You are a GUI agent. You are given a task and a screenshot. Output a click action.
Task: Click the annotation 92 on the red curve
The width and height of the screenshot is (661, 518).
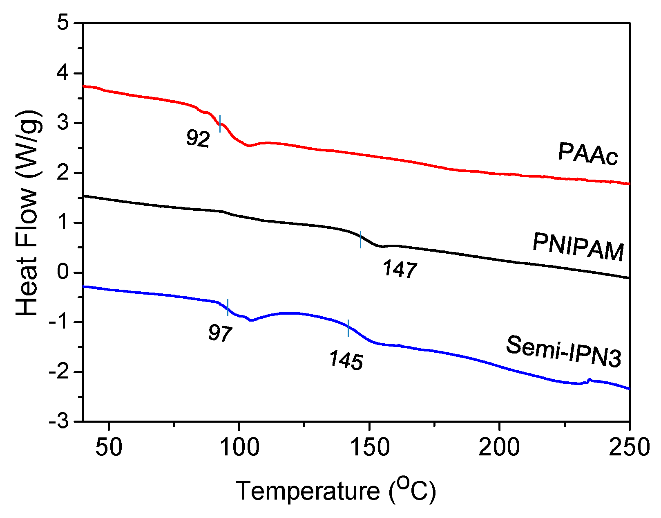coord(198,139)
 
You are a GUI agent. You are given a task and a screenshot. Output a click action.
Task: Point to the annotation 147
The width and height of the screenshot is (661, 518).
coord(400,270)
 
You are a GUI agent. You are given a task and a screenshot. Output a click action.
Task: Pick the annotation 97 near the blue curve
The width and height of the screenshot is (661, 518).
coord(220,333)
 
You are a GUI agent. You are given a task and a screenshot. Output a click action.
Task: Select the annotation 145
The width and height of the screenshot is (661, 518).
coord(346,361)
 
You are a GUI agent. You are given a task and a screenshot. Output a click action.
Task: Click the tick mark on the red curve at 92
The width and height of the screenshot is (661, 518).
coord(220,124)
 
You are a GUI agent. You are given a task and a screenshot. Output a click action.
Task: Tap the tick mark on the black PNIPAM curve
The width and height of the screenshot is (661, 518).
coord(360,239)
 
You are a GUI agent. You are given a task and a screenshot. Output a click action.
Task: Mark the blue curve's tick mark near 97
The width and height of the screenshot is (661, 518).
coord(228,307)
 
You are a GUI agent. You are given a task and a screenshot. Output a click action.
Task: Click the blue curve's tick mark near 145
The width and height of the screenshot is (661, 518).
coord(348,328)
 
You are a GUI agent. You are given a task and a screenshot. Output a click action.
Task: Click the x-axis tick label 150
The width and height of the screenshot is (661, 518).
coord(369,447)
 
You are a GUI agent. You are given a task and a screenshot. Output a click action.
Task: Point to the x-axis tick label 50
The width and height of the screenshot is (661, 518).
coord(109,447)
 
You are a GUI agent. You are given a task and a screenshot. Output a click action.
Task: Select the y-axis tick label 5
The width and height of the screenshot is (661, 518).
coord(64,23)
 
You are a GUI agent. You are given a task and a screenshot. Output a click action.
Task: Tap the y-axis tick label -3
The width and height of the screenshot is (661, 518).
coord(59,421)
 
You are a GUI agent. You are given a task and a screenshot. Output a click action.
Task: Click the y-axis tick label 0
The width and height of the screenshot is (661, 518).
coord(64,272)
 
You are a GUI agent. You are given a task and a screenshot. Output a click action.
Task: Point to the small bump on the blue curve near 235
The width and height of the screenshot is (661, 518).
coord(589,380)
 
